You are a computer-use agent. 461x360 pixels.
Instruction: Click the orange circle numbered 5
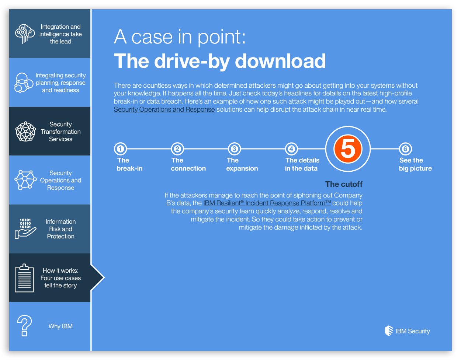348,149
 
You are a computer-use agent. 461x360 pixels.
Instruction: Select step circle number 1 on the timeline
120,149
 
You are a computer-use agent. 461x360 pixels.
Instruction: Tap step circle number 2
177,149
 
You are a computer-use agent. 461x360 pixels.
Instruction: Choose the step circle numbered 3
234,149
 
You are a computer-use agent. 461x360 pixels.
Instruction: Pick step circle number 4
291,149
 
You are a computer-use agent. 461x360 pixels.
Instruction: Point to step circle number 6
405,149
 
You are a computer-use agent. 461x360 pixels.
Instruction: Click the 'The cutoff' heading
344,184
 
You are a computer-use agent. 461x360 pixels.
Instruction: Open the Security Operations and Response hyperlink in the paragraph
164,109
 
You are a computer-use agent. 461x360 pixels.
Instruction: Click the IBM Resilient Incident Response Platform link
267,203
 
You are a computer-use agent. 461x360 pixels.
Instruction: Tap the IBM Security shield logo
389,331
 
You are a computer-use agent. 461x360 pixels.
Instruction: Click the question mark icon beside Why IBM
24,325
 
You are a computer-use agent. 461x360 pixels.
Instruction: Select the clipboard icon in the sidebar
24,278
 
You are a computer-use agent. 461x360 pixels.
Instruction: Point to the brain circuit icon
25,34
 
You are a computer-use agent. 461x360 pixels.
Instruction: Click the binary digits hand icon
25,228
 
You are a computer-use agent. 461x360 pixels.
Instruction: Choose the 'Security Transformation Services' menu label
61,132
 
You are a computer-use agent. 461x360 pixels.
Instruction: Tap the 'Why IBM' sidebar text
61,326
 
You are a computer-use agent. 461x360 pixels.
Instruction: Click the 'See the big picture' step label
415,164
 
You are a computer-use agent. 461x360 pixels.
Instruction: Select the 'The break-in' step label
129,164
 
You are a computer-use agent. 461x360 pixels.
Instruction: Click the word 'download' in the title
280,61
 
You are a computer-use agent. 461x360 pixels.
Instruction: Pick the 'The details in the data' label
302,164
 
